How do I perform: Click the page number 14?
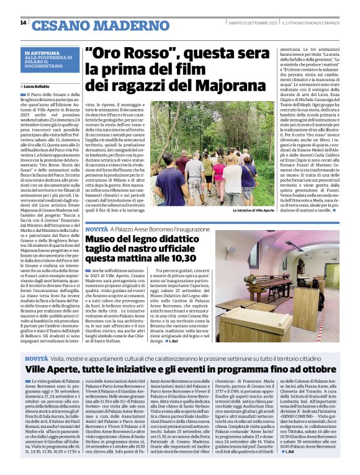click(x=23, y=23)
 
